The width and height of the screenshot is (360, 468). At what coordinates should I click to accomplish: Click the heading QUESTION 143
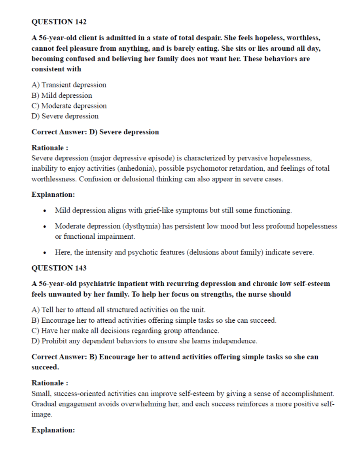pyautogui.click(x=59, y=268)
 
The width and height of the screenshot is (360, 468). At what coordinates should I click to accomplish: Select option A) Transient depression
pyautogui.click(x=69, y=85)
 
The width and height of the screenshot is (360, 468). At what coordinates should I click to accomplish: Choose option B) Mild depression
pyautogui.click(x=62, y=95)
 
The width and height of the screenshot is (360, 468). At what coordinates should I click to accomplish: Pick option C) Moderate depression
pyautogui.click(x=69, y=106)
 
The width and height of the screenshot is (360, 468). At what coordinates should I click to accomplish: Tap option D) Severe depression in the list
pyautogui.click(x=65, y=116)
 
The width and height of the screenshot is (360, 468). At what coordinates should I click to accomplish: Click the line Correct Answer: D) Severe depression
pyautogui.click(x=95, y=132)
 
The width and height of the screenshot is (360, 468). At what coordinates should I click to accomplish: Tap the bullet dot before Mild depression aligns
pyautogui.click(x=46, y=210)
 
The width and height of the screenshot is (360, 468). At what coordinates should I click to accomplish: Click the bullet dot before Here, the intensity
pyautogui.click(x=46, y=253)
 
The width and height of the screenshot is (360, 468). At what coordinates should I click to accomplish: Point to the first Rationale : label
pyautogui.click(x=50, y=148)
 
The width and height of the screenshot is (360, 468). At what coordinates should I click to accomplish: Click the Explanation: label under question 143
pyautogui.click(x=53, y=430)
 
